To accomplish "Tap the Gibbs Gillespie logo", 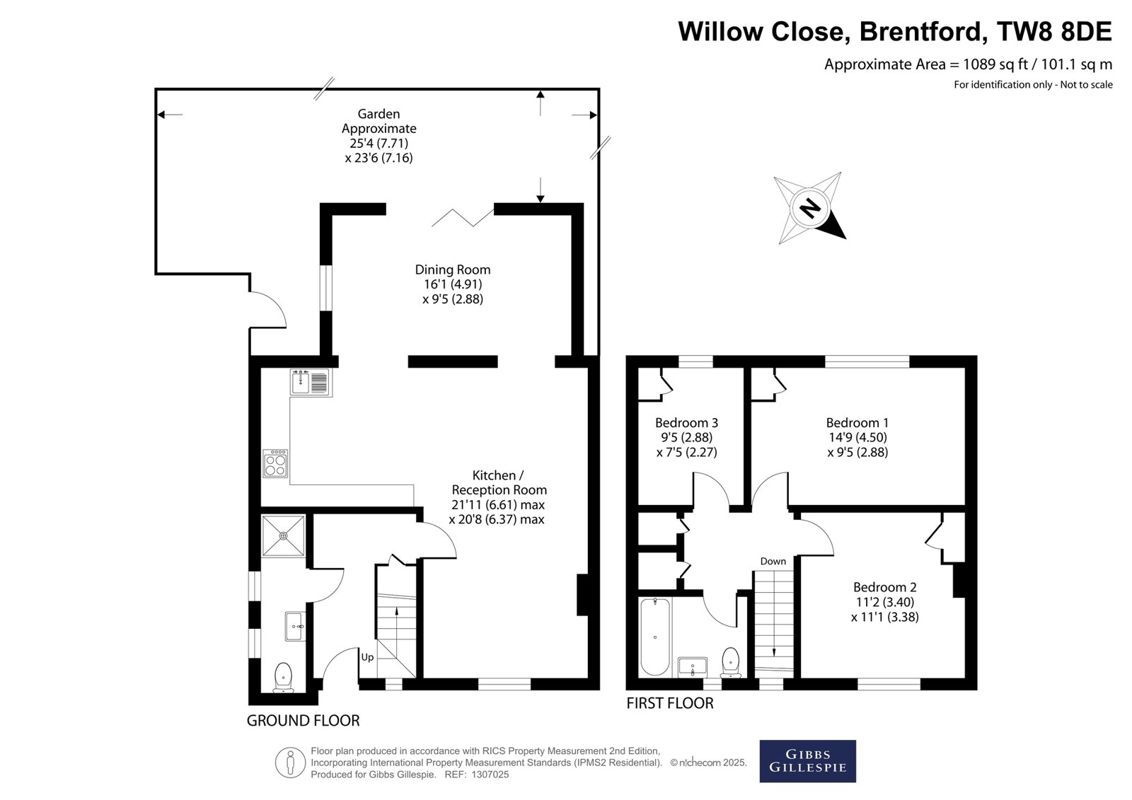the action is click(807, 761).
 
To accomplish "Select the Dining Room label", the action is click(453, 270).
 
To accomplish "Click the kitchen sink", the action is click(311, 382).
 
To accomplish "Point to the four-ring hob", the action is click(275, 463).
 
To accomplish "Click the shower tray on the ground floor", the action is click(284, 535).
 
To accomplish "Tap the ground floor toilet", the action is click(284, 677).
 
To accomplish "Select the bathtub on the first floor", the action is click(655, 637).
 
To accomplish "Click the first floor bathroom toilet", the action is click(731, 662).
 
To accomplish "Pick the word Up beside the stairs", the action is click(367, 657).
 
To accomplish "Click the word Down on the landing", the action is click(773, 561).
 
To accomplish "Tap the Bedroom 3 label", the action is click(686, 422).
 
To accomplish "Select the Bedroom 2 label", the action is click(885, 586).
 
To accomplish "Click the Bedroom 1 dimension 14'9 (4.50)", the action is click(857, 437).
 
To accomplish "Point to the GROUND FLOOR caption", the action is click(304, 720).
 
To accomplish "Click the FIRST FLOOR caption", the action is click(670, 703).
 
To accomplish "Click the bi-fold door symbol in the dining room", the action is click(463, 217).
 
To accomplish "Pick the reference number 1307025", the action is click(490, 775).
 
